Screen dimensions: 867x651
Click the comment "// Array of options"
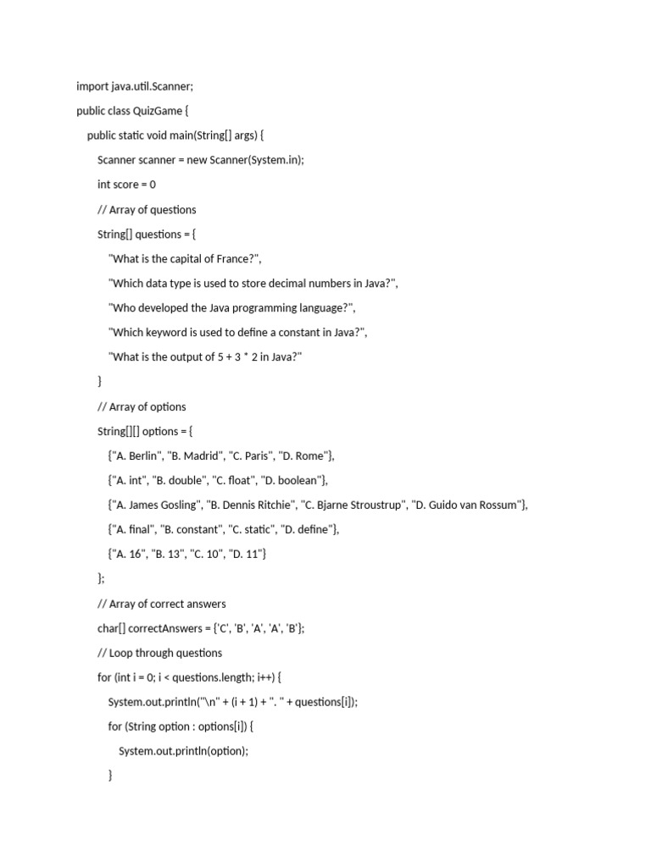coord(142,407)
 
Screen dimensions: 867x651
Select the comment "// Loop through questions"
coord(159,654)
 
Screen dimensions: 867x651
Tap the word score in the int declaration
coord(127,185)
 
